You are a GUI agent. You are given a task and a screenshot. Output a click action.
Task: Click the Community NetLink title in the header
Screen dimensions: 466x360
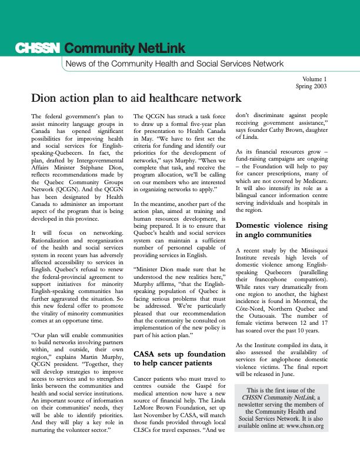(x=125, y=48)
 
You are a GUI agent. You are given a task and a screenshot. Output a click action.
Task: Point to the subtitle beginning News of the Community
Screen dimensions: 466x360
(x=174, y=64)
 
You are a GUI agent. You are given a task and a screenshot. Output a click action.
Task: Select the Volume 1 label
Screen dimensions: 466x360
(x=315, y=79)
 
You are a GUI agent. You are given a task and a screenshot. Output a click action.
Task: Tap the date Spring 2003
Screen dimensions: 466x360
(x=311, y=86)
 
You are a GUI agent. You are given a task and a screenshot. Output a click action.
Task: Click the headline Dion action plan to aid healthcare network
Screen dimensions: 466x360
(x=136, y=98)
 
